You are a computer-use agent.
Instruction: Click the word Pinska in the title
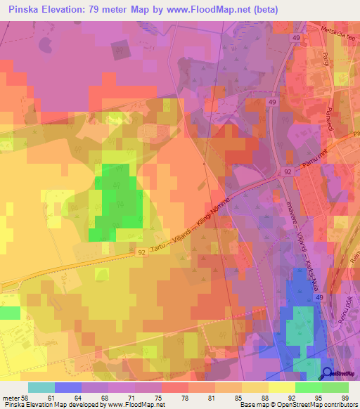[x=26, y=10]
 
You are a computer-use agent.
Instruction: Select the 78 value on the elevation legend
[x=176, y=398]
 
